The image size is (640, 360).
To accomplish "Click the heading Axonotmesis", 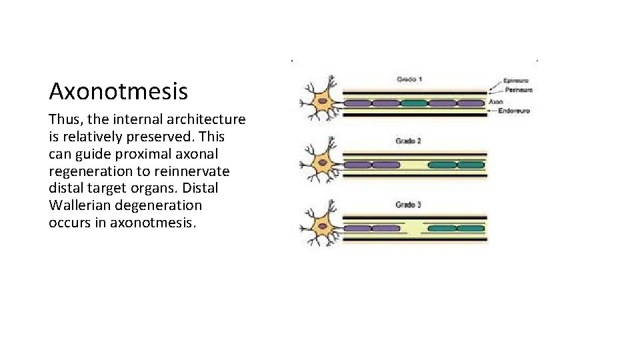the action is [x=118, y=91].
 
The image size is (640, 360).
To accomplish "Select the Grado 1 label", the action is [x=409, y=79].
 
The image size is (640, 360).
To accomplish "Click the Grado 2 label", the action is [x=408, y=141].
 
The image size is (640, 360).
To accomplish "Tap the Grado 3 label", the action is [x=408, y=205].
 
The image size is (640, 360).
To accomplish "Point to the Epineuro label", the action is [x=516, y=81].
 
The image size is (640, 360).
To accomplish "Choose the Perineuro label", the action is [x=517, y=90].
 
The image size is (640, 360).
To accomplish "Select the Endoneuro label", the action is [x=514, y=111].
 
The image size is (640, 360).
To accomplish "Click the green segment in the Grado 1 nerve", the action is [x=413, y=103].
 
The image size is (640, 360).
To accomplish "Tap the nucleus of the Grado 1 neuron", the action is [x=323, y=102].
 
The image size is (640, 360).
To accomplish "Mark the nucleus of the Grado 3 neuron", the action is [x=323, y=227].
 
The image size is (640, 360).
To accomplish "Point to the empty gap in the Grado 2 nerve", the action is [x=413, y=165].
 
